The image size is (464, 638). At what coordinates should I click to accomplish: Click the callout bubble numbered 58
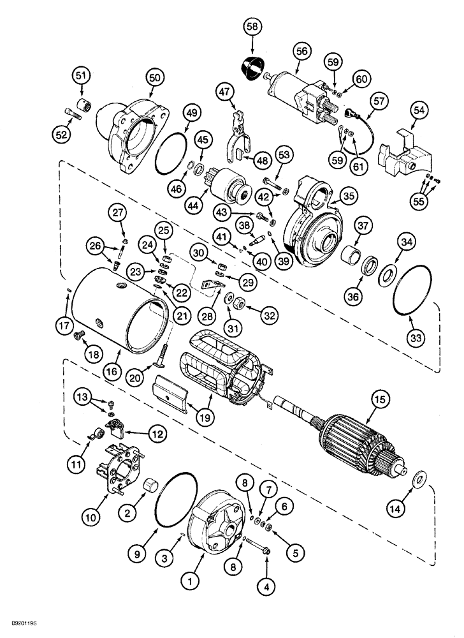click(252, 27)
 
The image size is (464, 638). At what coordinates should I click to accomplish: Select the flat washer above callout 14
click(420, 478)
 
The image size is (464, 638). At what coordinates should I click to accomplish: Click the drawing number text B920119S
click(21, 628)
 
